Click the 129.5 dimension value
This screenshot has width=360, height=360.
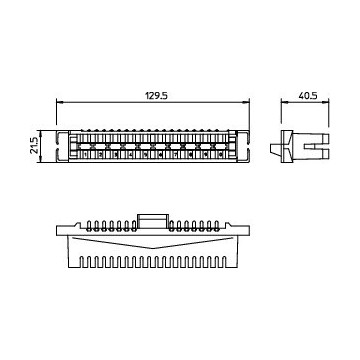click(156, 96)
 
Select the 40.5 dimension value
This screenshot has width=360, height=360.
click(308, 96)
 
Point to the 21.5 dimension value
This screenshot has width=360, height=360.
click(33, 145)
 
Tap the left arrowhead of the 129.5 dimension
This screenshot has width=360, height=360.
click(59, 101)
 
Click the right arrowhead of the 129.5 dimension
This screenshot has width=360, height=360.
click(246, 101)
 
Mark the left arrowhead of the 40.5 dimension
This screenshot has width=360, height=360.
click(284, 101)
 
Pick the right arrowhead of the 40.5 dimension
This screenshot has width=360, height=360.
click(326, 101)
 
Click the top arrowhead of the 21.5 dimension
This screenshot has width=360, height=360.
click(41, 134)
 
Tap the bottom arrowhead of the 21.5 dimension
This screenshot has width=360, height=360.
click(41, 159)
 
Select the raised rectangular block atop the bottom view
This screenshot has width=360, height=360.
click(152, 221)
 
